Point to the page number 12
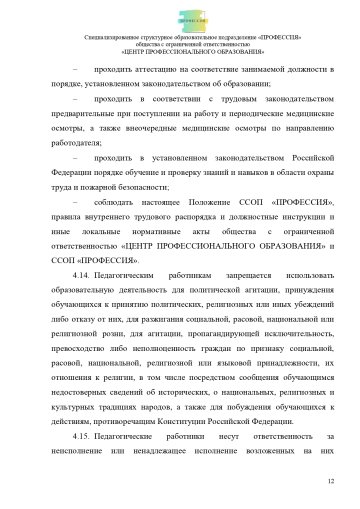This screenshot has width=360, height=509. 329,481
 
